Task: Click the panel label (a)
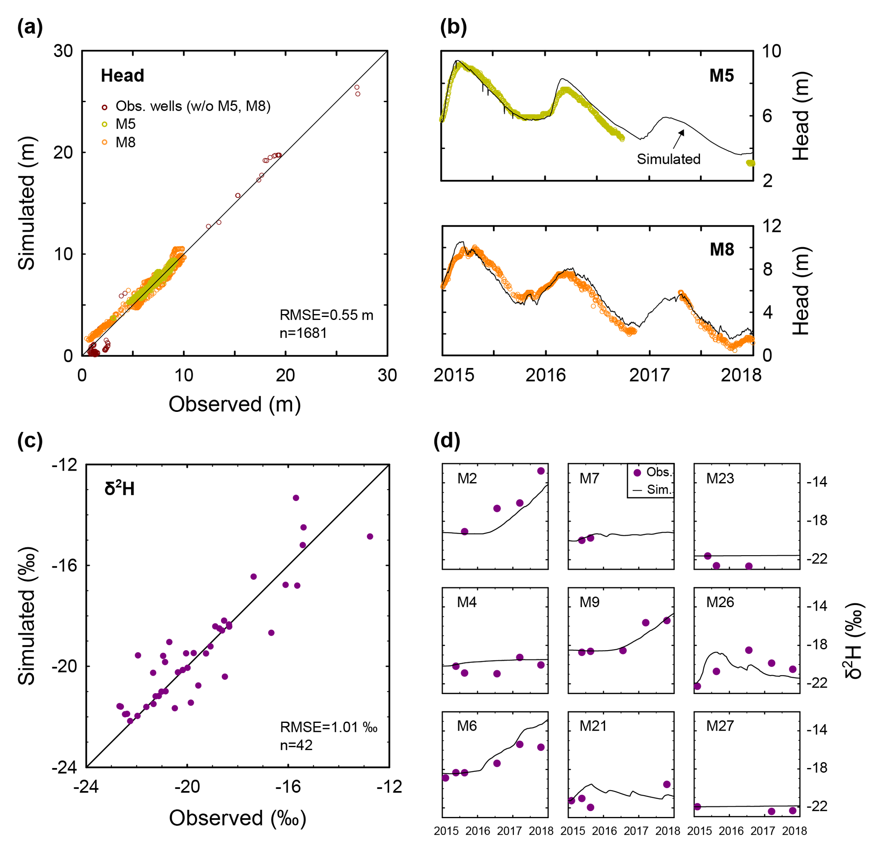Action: pyautogui.click(x=30, y=28)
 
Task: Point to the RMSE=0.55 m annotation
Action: pyautogui.click(x=326, y=315)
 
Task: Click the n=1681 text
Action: pyautogui.click(x=303, y=333)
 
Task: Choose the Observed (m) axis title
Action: pyautogui.click(x=234, y=404)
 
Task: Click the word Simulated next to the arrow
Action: pyautogui.click(x=668, y=159)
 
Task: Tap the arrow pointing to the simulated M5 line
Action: pyautogui.click(x=678, y=139)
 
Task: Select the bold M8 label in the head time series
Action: pyautogui.click(x=722, y=249)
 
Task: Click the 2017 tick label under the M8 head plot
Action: pyautogui.click(x=649, y=375)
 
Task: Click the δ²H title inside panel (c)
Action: pyautogui.click(x=120, y=488)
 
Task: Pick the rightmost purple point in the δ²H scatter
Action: pyautogui.click(x=370, y=536)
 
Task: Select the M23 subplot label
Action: pyautogui.click(x=720, y=478)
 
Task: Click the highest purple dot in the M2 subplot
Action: pyautogui.click(x=541, y=471)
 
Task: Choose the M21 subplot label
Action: pyautogui.click(x=593, y=726)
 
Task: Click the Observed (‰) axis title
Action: pyautogui.click(x=237, y=818)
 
